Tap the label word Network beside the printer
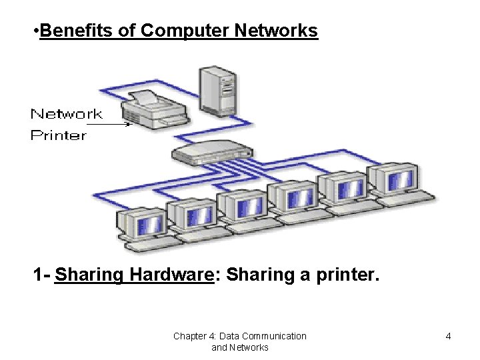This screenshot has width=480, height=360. pos(67,114)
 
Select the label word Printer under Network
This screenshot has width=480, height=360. pos(59,135)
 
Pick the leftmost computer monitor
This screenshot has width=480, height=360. pos(142,223)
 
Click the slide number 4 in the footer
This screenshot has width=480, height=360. pos(448,336)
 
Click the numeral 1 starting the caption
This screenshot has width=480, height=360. pos(39,275)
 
